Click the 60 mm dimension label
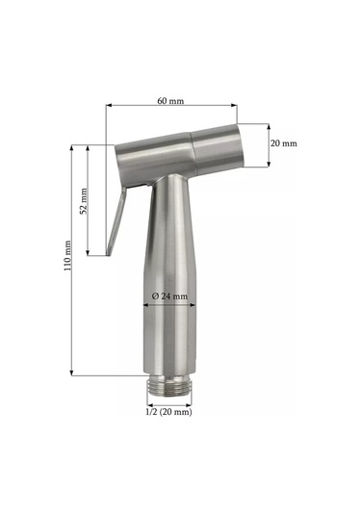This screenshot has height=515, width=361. (170, 101)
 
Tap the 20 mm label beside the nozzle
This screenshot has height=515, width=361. (283, 143)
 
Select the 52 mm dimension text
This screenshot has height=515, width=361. (84, 201)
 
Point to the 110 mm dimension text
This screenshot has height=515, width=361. (67, 255)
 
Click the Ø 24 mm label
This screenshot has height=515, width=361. (169, 296)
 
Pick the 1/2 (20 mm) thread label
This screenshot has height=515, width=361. (168, 412)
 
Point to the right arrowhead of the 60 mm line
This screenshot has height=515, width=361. (234, 105)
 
